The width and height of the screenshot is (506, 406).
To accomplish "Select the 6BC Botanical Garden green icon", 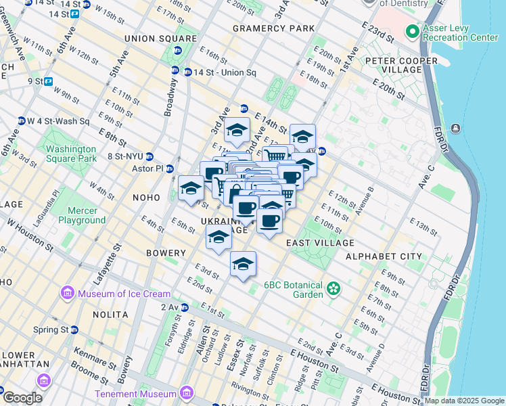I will coord(333,290).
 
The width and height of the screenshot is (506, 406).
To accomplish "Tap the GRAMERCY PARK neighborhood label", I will coord(273,28).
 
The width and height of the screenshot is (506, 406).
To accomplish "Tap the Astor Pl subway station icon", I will coord(170,168).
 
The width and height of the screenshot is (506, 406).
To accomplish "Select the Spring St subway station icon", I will coord(75,330).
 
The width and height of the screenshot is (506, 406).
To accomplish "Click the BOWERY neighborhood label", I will coord(166,253).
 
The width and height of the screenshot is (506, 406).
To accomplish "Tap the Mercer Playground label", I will coord(82,215).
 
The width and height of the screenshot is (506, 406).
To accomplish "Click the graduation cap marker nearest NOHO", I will coord(191,187).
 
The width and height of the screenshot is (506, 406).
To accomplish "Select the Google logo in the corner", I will coord(22,398).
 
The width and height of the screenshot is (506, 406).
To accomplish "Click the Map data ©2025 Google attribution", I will coord(464,401).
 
